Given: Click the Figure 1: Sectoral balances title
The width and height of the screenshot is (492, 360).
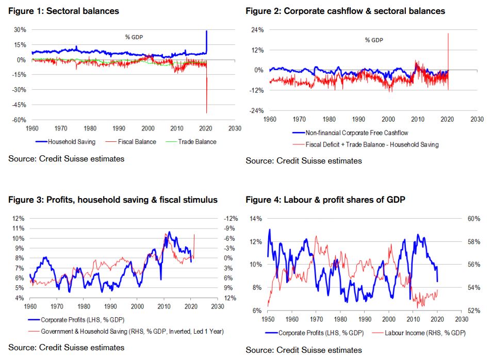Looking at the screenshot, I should tap(63, 11).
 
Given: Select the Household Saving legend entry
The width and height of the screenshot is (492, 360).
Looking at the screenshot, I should tap(69, 141).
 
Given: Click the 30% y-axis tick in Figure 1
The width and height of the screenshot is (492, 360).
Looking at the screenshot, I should tap(20, 30).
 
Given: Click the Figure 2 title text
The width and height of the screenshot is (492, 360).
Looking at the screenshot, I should tap(345, 11).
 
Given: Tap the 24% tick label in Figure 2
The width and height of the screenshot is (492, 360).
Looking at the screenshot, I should tap(257, 30).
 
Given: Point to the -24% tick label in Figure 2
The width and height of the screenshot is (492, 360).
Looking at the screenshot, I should tap(256, 111).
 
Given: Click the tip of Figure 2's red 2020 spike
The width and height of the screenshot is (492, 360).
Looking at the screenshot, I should tap(448, 34).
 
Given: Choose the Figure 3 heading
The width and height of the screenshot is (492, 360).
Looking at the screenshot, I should tap(113, 200).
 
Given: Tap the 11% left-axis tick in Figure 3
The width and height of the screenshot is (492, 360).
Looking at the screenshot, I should tap(18, 228).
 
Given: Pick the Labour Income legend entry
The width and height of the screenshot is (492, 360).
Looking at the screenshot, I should tap(425, 333).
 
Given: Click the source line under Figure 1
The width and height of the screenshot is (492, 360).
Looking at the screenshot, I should tap(66, 158).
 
